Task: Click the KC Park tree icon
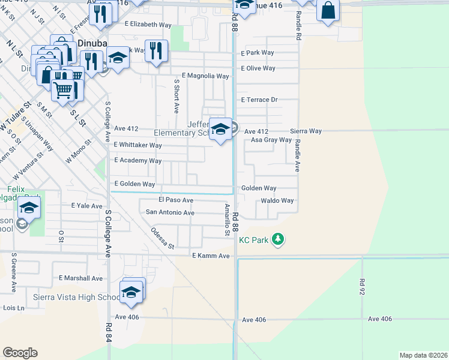tap(277, 239)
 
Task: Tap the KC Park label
tap(252, 239)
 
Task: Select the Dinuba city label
tap(92, 43)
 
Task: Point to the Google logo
tap(20, 353)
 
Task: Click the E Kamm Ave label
tap(211, 256)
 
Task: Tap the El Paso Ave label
tap(176, 200)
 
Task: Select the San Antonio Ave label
tap(170, 212)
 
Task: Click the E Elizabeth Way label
tap(148, 25)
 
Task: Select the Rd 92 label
tap(362, 289)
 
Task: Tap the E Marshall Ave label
tap(81, 278)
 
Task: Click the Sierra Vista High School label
tap(60, 298)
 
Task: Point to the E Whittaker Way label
tap(138, 145)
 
